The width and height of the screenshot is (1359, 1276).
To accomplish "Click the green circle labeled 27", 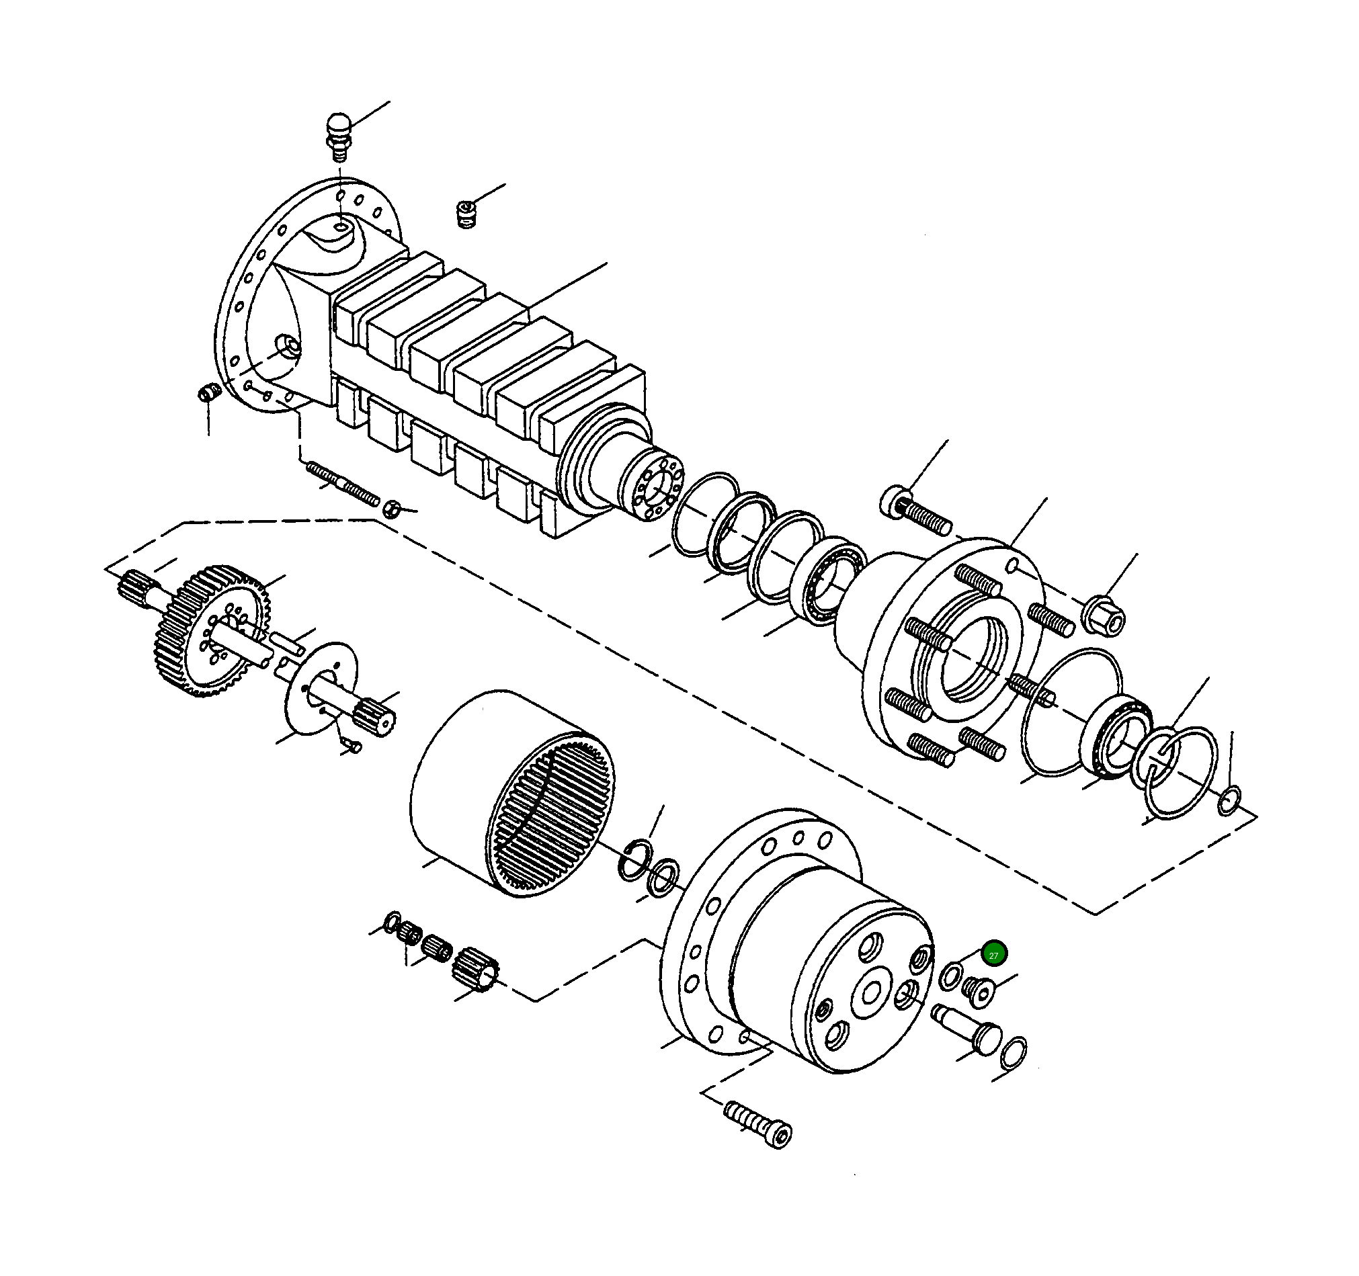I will pos(993,955).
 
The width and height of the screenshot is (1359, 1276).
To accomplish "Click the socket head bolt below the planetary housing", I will pos(758,1125).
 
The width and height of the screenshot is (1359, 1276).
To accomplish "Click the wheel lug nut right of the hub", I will pos(1103,615).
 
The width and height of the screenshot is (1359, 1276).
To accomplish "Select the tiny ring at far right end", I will pos(1229,800).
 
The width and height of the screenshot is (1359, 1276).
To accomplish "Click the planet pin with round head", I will pos(970,1029).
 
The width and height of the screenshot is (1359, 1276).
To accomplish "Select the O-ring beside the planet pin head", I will pos(1013,1052).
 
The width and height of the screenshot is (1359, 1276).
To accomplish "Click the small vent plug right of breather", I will pos(466,214).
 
